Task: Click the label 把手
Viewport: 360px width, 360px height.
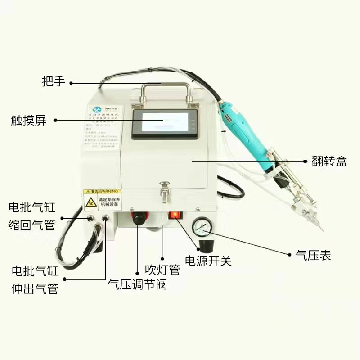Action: tap(54, 82)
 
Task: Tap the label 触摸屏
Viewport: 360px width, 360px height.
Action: tap(29, 120)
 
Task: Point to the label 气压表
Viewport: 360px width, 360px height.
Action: tap(313, 255)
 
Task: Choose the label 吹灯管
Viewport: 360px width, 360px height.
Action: tap(162, 269)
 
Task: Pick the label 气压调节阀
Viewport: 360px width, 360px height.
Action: tap(137, 284)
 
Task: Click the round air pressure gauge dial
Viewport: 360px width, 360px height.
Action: tap(200, 228)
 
